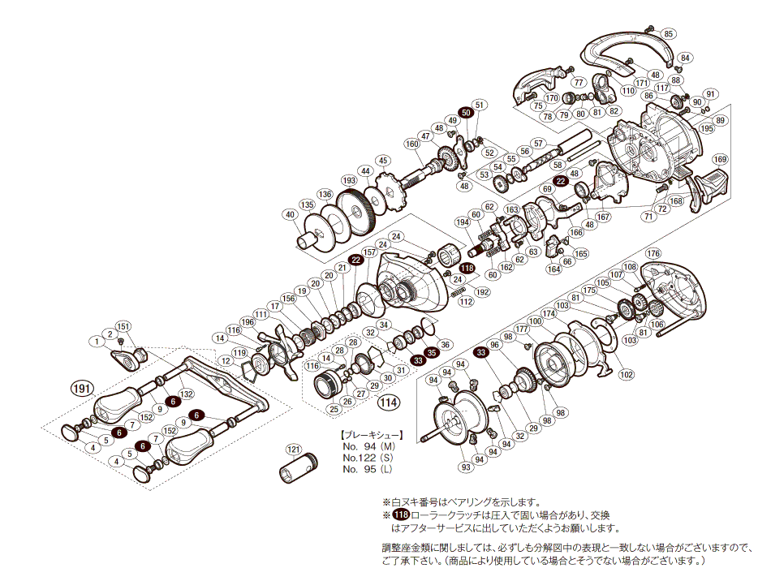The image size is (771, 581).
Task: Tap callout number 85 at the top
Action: coord(668,33)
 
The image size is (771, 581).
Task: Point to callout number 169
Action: coord(720,159)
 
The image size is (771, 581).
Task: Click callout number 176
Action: coord(653,254)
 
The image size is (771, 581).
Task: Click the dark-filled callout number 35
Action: coord(432,353)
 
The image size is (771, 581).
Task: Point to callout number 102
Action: coord(625,374)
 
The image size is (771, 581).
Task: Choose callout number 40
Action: coord(289,215)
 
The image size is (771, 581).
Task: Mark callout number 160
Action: coord(411,144)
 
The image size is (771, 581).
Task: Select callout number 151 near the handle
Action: coord(122,326)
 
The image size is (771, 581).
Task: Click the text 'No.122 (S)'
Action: coord(369,458)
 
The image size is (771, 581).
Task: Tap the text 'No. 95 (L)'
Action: coord(369,469)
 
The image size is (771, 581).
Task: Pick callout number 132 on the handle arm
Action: coord(186,394)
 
